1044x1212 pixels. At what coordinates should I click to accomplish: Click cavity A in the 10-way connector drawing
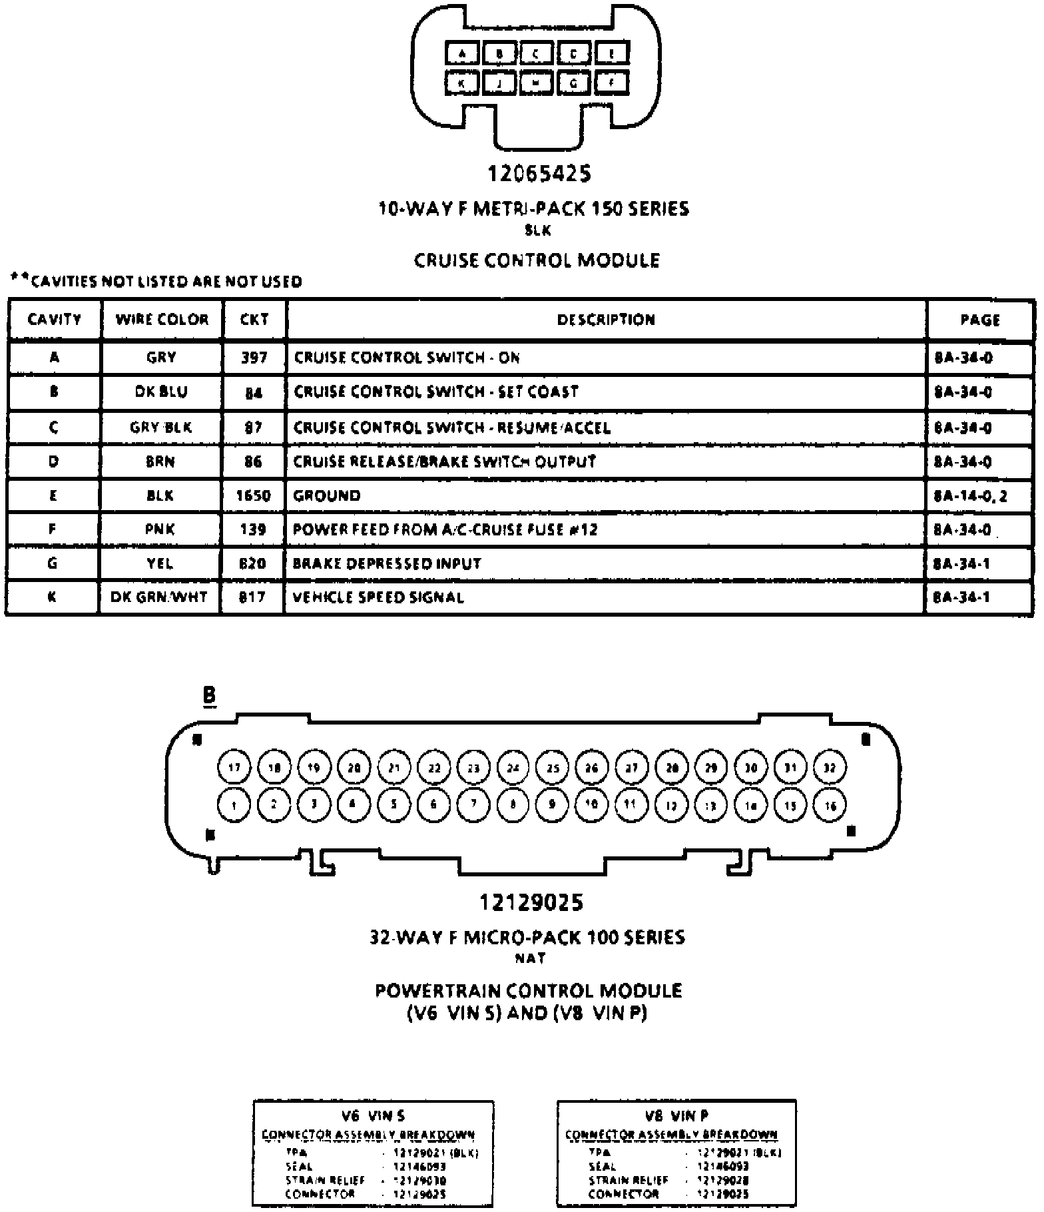pos(462,53)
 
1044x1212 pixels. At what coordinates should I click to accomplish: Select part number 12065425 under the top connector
pos(539,174)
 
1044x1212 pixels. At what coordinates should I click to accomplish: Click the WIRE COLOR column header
pos(162,320)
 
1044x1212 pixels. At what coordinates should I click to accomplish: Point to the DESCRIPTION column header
pos(606,320)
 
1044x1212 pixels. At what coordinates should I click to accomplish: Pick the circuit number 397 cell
pos(254,358)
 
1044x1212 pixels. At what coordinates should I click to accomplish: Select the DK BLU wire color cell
pos(161,392)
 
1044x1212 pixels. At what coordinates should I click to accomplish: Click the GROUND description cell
pos(327,495)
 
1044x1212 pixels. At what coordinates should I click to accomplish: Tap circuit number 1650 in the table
pos(253,495)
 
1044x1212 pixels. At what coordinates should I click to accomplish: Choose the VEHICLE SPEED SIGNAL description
pos(378,597)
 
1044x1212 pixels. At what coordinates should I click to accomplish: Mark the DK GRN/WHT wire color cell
pos(159,597)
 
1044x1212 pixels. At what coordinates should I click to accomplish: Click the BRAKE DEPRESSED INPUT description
pos(387,563)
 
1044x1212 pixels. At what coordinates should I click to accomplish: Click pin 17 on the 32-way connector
pos(234,767)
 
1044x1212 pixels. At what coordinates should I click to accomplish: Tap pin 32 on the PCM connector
pos(829,767)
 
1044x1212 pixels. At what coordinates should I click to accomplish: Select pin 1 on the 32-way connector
pos(234,805)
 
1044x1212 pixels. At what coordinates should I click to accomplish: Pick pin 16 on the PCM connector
pos(829,805)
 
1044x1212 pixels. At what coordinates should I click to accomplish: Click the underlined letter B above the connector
pos(209,696)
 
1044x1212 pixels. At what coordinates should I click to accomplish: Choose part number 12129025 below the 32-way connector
pos(531,902)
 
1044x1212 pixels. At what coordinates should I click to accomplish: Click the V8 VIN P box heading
pos(676,1115)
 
